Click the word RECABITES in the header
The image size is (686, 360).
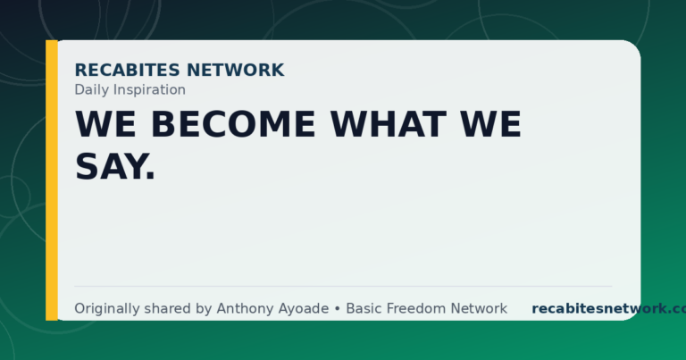[128, 70]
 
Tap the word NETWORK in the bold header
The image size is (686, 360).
[236, 70]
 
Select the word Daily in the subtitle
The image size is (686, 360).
[88, 90]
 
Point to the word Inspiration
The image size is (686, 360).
[146, 90]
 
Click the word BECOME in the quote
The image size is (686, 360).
[233, 124]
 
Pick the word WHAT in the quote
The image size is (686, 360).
[389, 124]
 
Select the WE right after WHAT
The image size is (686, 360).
[491, 124]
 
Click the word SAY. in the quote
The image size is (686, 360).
[115, 167]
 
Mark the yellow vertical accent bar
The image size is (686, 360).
[52, 180]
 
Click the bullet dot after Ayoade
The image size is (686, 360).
[338, 309]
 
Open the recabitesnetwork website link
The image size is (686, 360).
[609, 308]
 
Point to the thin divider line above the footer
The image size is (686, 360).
[343, 287]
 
